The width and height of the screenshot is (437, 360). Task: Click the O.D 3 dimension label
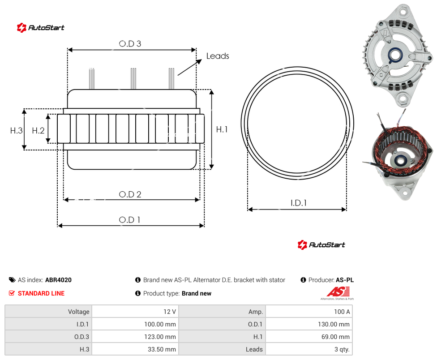(x=130, y=44)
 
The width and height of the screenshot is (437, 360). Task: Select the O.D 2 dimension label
(x=130, y=194)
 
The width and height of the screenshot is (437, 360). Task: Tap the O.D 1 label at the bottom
(x=129, y=220)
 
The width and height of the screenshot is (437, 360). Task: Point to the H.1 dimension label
(x=222, y=129)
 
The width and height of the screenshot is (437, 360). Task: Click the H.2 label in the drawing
(x=38, y=130)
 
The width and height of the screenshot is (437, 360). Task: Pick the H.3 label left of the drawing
(x=16, y=130)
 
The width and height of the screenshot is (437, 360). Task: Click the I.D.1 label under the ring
(x=299, y=203)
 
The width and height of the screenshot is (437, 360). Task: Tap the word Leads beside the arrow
(x=218, y=56)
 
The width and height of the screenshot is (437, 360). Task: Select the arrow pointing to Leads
(x=189, y=68)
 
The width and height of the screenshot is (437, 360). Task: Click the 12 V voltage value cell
(x=135, y=312)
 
